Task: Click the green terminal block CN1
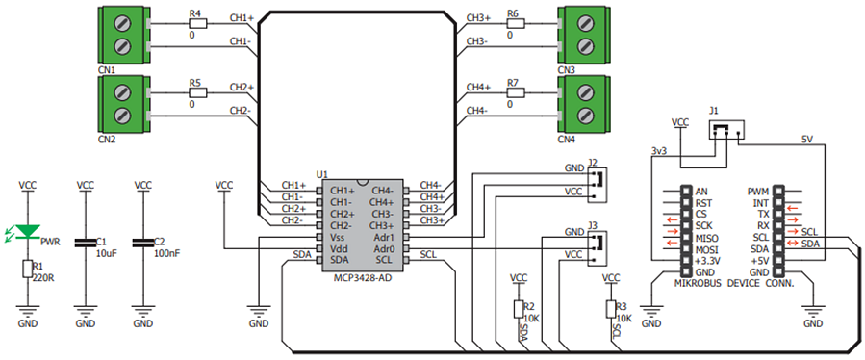(x=123, y=35)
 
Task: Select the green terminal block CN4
(x=585, y=104)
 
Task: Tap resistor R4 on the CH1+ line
(x=198, y=23)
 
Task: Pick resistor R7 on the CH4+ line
(x=516, y=92)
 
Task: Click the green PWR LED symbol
(x=27, y=232)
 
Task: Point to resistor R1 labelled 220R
(x=27, y=269)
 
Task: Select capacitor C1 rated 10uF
(x=85, y=243)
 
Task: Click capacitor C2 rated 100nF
(x=142, y=243)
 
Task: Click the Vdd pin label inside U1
(x=338, y=248)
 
